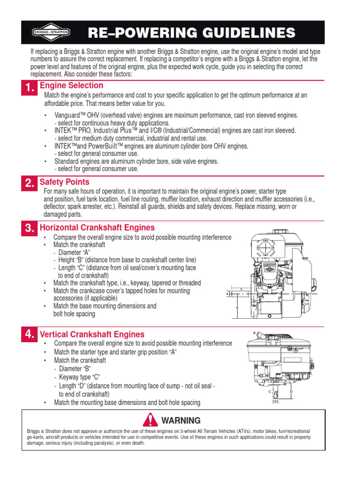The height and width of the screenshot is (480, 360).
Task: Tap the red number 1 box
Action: (x=29, y=89)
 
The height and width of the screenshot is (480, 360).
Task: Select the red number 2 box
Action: (x=29, y=184)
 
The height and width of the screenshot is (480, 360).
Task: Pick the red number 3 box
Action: (x=29, y=229)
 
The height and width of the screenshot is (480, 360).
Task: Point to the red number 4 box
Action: (x=29, y=334)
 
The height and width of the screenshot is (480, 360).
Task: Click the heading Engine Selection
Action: (x=71, y=85)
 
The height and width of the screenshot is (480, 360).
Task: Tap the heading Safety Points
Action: (x=64, y=182)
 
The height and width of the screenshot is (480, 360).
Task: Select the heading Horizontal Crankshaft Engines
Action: (x=97, y=228)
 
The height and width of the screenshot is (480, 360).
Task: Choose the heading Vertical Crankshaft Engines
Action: (x=92, y=334)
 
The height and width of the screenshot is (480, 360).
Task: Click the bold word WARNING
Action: (x=180, y=420)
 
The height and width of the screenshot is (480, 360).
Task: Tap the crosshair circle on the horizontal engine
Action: (x=265, y=248)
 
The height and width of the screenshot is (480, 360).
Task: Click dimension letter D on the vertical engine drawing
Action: (x=291, y=390)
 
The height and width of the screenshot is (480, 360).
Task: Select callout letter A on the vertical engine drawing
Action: (x=255, y=332)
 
